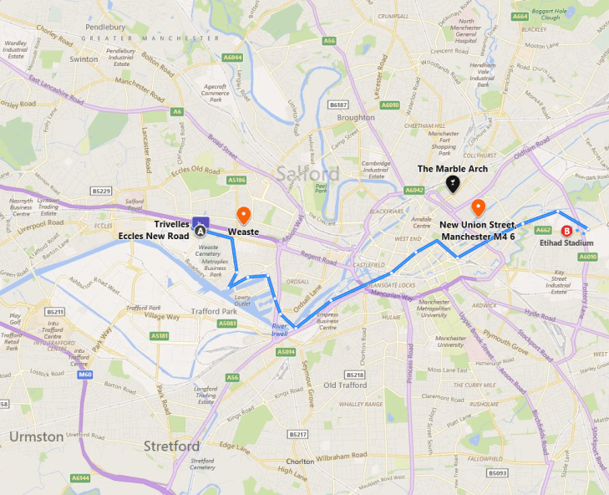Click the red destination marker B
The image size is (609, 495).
tap(567, 231)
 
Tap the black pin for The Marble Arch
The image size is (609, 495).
tap(452, 183)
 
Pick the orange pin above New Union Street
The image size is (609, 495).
tap(478, 207)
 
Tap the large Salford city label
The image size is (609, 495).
tap(307, 174)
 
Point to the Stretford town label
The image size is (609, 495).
tap(171, 446)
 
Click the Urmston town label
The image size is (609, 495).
tap(35, 436)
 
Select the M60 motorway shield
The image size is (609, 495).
tap(84, 375)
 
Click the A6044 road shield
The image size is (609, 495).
tap(233, 57)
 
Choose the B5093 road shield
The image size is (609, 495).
tap(497, 472)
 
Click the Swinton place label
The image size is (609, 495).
tap(84, 59)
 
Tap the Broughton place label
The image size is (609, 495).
tap(355, 118)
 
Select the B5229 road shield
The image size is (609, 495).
tap(102, 191)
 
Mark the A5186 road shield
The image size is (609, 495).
tap(237, 179)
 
